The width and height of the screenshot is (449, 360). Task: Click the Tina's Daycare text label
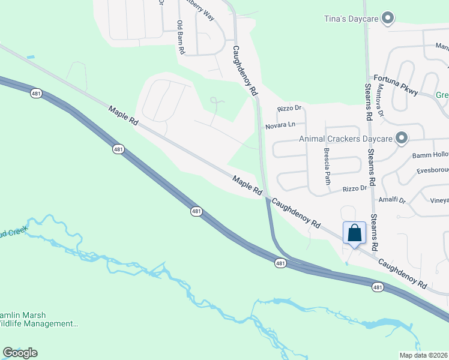[x=350, y=19]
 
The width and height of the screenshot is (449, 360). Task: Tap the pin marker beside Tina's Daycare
[x=388, y=19]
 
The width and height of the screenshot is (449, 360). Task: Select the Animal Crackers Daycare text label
[x=346, y=139]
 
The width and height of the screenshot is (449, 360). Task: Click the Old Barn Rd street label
[x=180, y=38]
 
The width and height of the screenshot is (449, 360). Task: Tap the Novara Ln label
[x=281, y=125]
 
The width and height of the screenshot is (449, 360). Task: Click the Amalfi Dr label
[x=391, y=199]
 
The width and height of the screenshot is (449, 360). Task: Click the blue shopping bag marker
[x=354, y=233]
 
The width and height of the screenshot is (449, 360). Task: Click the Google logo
[x=20, y=352]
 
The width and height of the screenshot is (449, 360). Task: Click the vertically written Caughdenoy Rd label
[x=245, y=71]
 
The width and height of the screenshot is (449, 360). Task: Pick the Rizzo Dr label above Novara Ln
[x=289, y=109]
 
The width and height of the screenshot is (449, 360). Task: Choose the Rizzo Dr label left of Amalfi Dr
[x=354, y=188]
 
